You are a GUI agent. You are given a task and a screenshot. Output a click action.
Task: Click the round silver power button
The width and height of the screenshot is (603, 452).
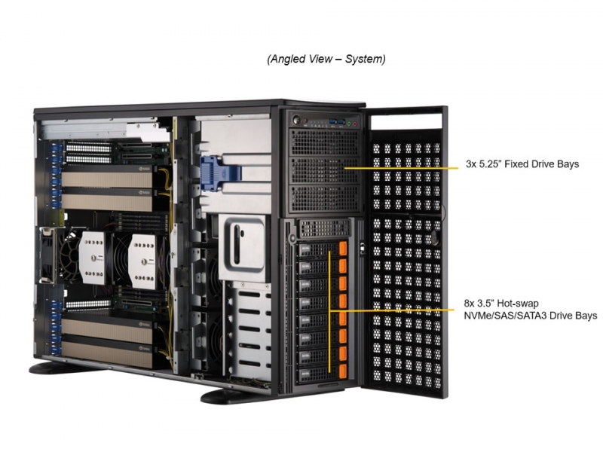(295, 120)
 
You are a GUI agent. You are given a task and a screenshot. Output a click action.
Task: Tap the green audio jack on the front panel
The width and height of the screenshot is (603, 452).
(349, 124)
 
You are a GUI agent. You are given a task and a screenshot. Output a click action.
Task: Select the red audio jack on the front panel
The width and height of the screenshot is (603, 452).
(355, 124)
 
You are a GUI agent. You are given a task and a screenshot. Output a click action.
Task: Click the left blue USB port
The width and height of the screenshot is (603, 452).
(332, 122)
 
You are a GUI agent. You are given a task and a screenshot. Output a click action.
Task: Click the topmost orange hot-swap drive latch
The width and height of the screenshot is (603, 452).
(343, 249)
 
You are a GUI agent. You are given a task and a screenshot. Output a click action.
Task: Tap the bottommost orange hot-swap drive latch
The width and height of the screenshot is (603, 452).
(343, 371)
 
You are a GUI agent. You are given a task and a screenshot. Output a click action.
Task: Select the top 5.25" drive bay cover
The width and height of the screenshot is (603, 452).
(325, 142)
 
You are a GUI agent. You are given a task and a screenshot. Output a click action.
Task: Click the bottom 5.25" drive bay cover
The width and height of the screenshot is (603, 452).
(325, 198)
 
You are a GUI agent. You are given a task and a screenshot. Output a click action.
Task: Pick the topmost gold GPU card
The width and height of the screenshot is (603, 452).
(107, 179)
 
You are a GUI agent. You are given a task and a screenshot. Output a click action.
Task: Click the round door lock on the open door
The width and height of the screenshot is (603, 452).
(434, 237)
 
